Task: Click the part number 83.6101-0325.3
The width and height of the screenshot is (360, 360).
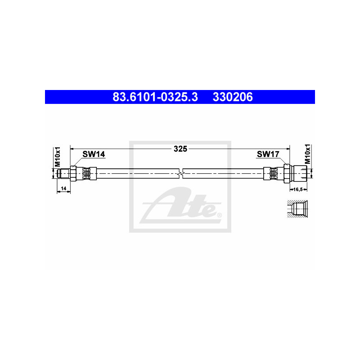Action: click(155, 97)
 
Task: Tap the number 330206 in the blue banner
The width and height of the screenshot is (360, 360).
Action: click(233, 97)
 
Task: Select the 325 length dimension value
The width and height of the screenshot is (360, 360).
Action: click(180, 149)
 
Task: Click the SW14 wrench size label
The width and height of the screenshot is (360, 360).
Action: click(94, 154)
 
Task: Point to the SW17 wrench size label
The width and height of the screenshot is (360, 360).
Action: click(268, 154)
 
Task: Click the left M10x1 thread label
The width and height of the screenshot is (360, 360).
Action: click(57, 157)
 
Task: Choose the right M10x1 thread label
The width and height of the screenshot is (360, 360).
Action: click(307, 154)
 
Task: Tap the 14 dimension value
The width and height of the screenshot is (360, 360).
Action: click(63, 189)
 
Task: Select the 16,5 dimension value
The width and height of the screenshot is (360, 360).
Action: click(298, 189)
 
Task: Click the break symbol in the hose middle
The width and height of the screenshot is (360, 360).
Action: click(181, 173)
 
